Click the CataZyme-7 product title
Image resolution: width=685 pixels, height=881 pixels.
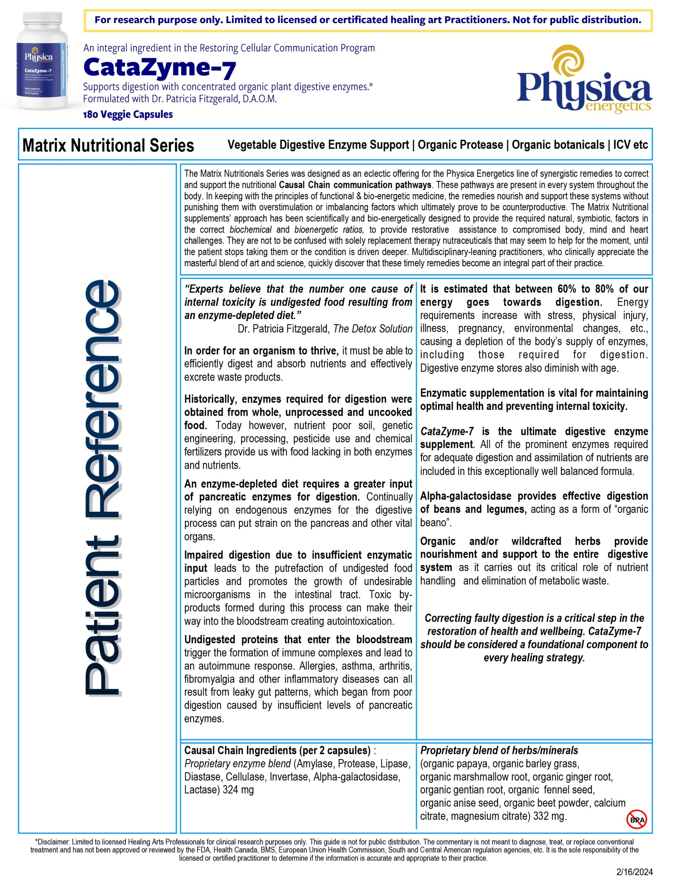tap(160, 68)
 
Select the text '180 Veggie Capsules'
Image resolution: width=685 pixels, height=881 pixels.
tap(128, 115)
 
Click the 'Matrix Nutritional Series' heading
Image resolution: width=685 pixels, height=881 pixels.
tap(108, 145)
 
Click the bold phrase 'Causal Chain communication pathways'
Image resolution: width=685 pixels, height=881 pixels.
tap(355, 185)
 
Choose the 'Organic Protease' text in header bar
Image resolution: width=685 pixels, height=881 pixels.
tap(460, 145)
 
